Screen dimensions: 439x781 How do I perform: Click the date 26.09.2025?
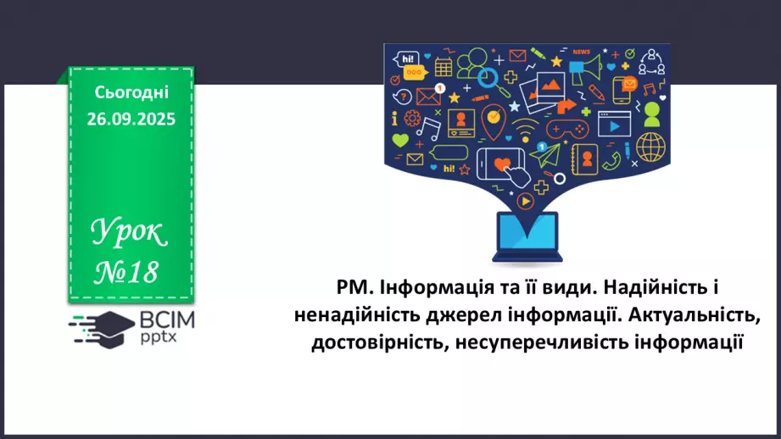(x=131, y=119)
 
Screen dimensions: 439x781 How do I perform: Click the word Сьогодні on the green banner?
(x=131, y=93)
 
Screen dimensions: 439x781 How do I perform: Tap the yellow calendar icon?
(x=443, y=67)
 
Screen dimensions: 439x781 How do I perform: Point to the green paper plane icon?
(x=550, y=153)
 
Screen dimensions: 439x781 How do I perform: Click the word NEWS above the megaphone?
(x=581, y=53)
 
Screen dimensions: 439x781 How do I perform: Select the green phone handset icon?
(x=613, y=159)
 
